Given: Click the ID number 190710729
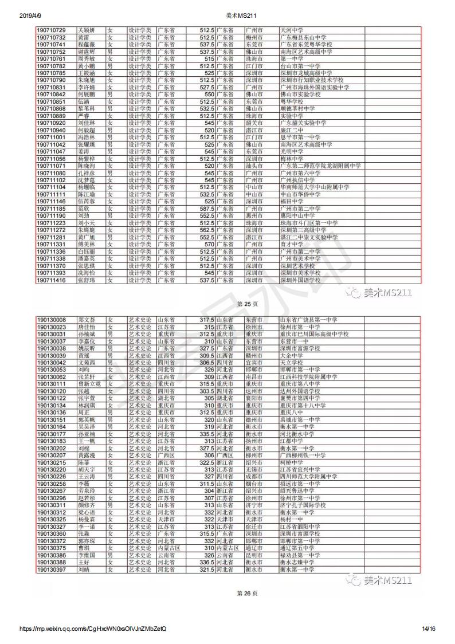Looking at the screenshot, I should [x=51, y=30].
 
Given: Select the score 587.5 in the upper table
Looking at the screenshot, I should [x=207, y=209].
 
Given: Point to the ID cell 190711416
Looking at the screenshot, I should [x=51, y=280].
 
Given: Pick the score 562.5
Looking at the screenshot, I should [x=207, y=230].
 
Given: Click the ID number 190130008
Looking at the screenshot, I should [x=51, y=320].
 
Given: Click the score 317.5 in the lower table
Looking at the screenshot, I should [x=207, y=320].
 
